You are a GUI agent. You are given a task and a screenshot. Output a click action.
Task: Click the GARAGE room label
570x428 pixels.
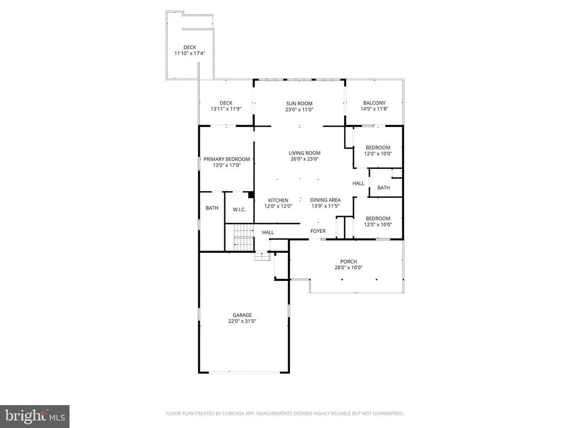tap(243, 315)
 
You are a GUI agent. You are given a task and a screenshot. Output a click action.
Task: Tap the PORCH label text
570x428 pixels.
tap(348, 261)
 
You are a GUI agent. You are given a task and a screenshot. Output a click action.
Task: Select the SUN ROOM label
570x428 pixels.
tap(299, 103)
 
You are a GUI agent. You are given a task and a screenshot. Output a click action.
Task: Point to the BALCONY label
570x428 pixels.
tap(374, 103)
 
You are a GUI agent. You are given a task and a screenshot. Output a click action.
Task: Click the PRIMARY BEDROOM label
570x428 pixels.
tap(227, 159)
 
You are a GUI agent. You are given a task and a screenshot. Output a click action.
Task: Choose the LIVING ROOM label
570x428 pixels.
tap(304, 153)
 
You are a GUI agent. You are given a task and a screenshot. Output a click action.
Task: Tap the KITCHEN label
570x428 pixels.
tap(278, 200)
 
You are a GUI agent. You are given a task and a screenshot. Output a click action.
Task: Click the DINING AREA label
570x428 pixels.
tap(326, 200)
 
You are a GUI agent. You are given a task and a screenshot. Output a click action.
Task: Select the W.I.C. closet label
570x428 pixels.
tap(239, 209)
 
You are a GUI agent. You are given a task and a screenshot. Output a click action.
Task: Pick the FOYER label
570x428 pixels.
tap(318, 231)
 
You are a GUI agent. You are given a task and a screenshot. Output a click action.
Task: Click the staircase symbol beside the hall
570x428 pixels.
tap(243, 237)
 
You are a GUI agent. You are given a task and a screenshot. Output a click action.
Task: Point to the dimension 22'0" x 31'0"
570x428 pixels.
tap(243, 321)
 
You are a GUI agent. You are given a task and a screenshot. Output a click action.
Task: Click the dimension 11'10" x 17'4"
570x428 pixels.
tap(190, 53)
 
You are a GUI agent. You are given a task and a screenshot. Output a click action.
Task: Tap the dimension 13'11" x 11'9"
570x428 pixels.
tap(226, 109)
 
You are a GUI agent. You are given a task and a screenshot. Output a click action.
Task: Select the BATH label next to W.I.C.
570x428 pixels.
tap(212, 208)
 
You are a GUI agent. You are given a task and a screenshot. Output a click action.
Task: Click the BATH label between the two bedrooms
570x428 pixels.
tap(384, 188)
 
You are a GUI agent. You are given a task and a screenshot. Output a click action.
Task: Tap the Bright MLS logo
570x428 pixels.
tap(35, 416)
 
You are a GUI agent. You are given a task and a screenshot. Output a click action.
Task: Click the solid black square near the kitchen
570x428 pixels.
tap(251, 195)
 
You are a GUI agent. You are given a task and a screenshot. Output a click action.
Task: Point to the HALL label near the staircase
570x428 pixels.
tap(268, 232)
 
